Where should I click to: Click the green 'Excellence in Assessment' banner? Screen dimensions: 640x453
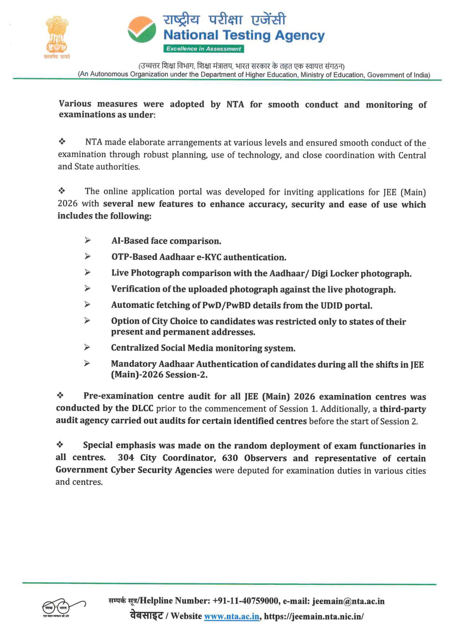(203, 49)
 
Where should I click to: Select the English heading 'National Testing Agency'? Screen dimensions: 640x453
(244, 35)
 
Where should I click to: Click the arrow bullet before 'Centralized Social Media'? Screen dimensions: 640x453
(87, 347)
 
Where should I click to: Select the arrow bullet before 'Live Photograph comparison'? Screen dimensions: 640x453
(87, 272)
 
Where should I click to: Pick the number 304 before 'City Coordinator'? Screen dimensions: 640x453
(126, 458)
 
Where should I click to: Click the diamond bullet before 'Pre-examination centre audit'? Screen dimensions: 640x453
(60, 395)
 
